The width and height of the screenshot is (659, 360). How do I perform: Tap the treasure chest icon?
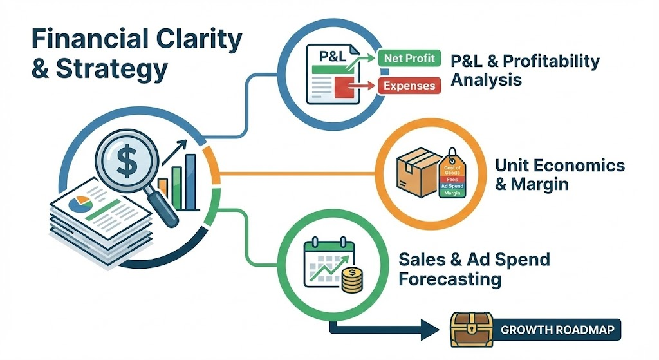point(469,332)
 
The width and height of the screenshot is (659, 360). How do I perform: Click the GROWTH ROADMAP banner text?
point(557,332)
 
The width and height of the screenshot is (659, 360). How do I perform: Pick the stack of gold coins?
point(351,281)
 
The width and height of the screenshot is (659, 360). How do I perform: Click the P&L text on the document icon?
point(326,55)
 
